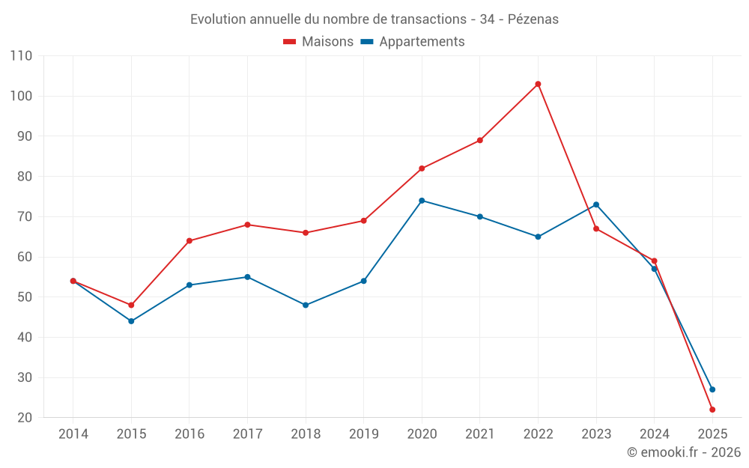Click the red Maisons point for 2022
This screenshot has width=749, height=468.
[x=538, y=84]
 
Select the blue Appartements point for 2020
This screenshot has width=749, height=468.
[x=422, y=201]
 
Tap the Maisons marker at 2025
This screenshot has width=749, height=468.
[x=712, y=410]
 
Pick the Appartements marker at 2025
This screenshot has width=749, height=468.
[x=712, y=389]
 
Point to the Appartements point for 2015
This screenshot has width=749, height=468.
[x=131, y=321]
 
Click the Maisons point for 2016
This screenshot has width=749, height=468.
[x=189, y=240]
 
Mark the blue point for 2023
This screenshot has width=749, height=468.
[x=596, y=204]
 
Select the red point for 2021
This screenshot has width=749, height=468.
[x=480, y=140]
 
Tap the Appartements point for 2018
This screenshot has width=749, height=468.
[x=306, y=305]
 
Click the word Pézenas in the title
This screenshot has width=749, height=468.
[x=533, y=19]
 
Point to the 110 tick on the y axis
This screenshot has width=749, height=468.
[x=21, y=56]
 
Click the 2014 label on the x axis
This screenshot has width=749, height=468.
[x=73, y=434]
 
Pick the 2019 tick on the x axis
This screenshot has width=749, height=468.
[x=364, y=434]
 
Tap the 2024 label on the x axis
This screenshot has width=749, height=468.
[x=655, y=434]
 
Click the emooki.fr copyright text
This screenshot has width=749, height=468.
[x=684, y=452]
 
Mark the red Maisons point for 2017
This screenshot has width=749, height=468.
[x=247, y=225]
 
